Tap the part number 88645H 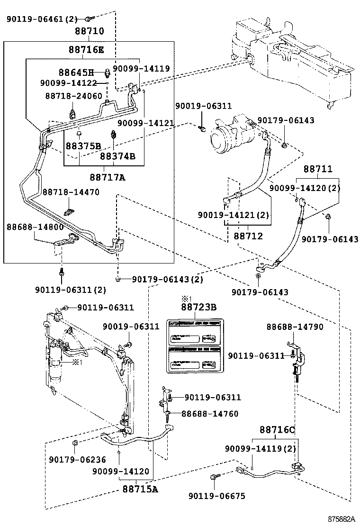[76, 73]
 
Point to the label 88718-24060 [73, 95]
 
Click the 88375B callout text [83, 145]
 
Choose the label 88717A [108, 177]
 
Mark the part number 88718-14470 [71, 192]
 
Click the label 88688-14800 [35, 227]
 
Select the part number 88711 [317, 169]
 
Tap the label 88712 [248, 236]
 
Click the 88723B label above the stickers [198, 307]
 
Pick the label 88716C [277, 430]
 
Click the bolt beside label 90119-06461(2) [89, 19]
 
